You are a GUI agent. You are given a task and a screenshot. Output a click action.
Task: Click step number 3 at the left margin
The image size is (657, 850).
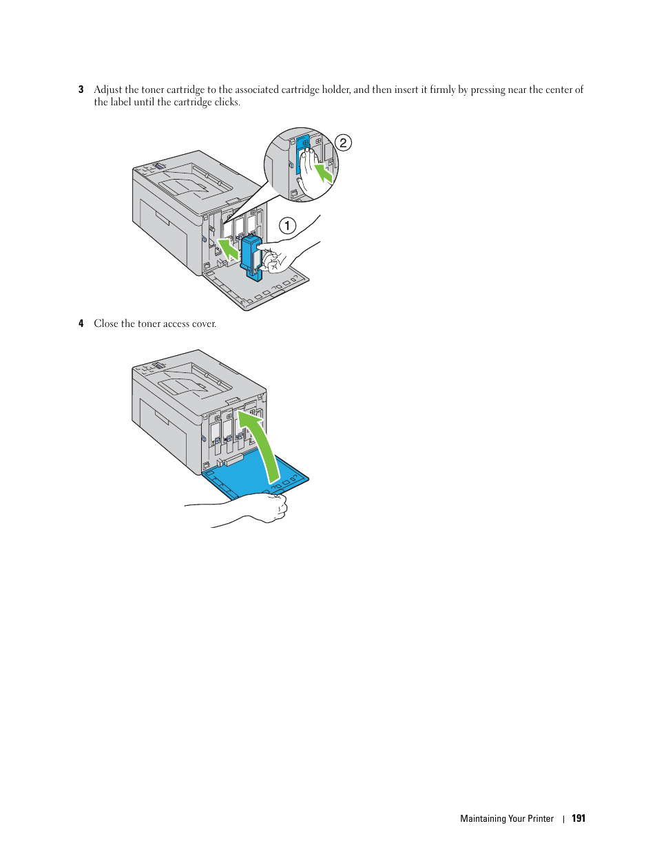coord(81,89)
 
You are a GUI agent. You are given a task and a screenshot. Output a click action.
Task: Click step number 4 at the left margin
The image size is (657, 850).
coord(81,323)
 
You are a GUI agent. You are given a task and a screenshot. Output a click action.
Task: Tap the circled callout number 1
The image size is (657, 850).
coord(287,225)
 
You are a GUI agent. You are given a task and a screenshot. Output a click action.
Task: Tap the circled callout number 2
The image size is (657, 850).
coord(343,142)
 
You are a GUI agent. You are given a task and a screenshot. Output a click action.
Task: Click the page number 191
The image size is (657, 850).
coord(578,818)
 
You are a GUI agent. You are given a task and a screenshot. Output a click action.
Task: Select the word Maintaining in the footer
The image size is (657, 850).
coord(483,818)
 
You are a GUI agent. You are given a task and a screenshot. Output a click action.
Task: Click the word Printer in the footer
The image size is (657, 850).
coord(541,818)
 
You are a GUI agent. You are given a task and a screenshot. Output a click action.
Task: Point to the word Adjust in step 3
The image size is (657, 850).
coord(108,89)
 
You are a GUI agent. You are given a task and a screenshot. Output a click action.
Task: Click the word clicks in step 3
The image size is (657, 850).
coord(227,103)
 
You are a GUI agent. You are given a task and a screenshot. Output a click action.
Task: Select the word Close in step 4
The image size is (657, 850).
coord(106,323)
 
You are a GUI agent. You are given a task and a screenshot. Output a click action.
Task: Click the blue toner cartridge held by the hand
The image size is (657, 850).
coord(251,257)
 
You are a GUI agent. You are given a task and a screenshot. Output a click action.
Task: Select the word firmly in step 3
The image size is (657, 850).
coord(442,89)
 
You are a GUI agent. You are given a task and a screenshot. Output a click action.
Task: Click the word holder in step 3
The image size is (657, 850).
coord(335,89)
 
